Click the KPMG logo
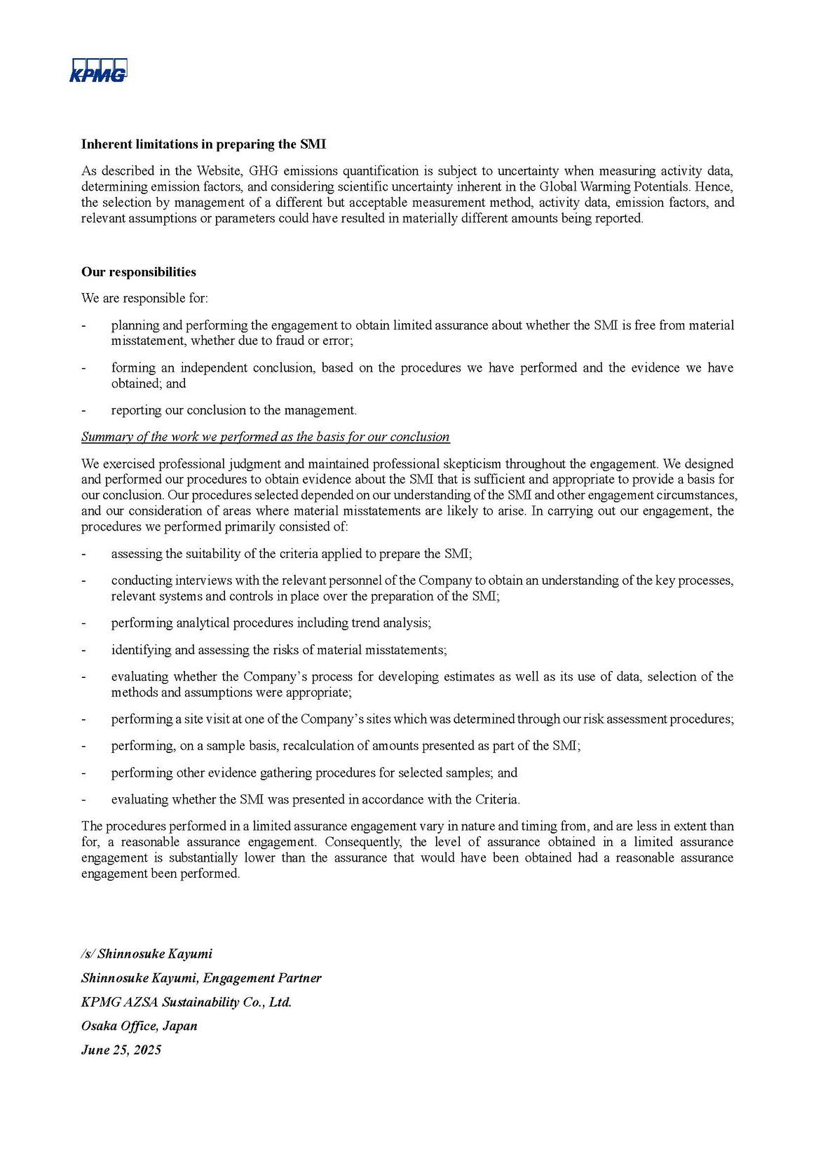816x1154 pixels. tap(98, 70)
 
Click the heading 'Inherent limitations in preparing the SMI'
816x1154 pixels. tap(203, 144)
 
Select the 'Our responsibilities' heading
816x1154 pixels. tap(139, 272)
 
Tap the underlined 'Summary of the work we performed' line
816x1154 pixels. tap(265, 437)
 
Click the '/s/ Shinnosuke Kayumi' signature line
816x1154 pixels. tap(147, 953)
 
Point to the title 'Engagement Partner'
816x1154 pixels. tap(262, 978)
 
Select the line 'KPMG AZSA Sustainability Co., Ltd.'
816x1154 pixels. tap(186, 1002)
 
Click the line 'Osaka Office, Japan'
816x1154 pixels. tap(140, 1026)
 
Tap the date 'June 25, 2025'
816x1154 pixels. tap(121, 1050)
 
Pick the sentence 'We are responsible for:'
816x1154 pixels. tap(144, 298)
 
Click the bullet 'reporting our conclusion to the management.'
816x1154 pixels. tap(233, 410)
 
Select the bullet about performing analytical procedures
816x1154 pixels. tap(271, 623)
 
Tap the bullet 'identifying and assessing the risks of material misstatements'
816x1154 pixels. tap(278, 650)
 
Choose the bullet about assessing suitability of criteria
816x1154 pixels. tap(291, 554)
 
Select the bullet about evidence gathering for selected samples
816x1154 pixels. tap(313, 773)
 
